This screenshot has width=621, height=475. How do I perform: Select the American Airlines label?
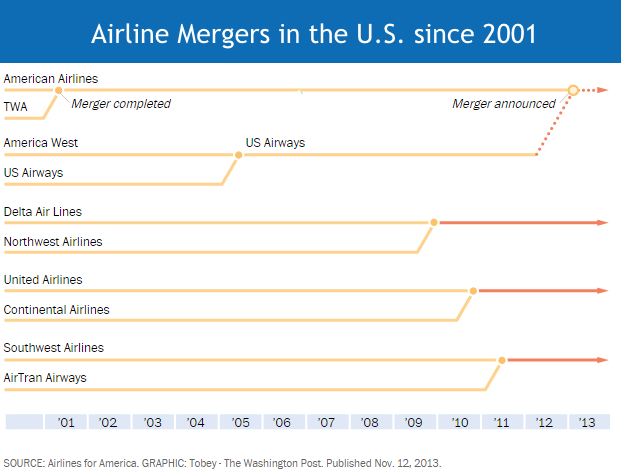51,78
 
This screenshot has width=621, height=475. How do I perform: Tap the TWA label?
16,106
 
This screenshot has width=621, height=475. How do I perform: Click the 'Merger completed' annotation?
121,104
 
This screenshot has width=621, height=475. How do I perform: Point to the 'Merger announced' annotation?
503,104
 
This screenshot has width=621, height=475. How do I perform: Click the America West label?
41,143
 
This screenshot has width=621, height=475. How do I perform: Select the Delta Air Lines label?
43,212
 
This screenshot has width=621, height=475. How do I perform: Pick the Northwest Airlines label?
53,242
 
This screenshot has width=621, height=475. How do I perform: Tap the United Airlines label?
43,280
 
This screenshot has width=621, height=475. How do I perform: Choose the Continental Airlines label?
57,310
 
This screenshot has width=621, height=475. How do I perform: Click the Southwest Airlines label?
54,348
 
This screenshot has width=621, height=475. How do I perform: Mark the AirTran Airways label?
45,378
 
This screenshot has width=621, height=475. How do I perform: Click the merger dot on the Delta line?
434,222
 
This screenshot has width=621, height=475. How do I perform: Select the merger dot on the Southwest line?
502,359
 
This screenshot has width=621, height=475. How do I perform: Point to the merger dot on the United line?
473,290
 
